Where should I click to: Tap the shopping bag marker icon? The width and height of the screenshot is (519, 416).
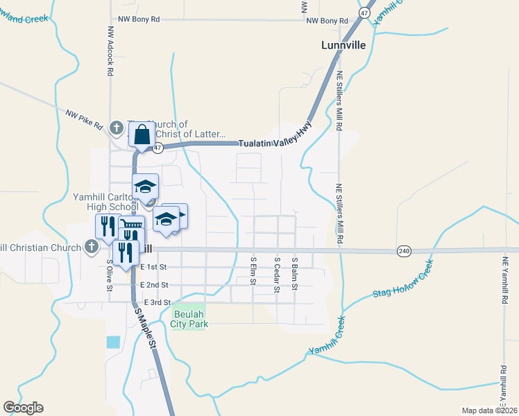[x=141, y=134]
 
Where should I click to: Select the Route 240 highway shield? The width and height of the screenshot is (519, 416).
[x=405, y=250]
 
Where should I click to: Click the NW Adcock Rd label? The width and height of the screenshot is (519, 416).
[x=110, y=51]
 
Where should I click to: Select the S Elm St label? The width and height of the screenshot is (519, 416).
[x=253, y=273]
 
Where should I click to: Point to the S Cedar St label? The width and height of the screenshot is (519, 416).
[x=277, y=275]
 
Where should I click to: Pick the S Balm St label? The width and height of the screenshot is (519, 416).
[x=295, y=273]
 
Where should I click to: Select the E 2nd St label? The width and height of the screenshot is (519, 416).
[x=154, y=285]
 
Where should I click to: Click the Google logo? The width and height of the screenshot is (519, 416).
[x=23, y=408]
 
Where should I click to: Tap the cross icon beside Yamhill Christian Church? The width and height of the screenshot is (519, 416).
[x=91, y=246]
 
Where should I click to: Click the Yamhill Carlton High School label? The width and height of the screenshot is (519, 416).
[x=105, y=202]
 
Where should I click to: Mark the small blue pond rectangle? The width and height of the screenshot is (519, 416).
[x=113, y=342]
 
